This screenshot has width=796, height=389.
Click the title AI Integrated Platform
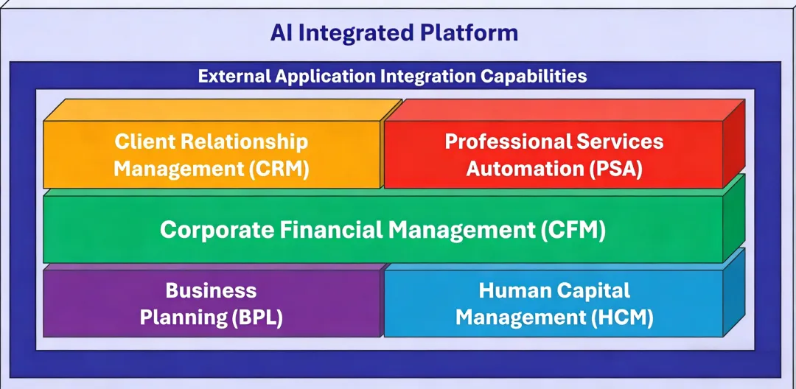(x=394, y=32)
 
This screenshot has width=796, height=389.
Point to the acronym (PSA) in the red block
(x=615, y=169)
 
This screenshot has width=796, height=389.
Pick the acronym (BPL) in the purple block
(x=256, y=318)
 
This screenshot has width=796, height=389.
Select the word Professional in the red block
(x=502, y=141)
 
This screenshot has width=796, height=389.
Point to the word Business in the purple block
(x=211, y=290)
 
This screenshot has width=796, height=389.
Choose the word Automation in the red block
(x=525, y=169)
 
